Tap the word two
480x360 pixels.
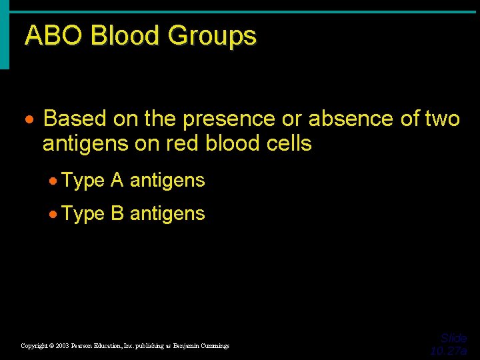pyautogui.click(x=441, y=119)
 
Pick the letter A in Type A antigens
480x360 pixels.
pyautogui.click(x=117, y=180)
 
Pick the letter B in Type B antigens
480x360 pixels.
pyautogui.click(x=117, y=213)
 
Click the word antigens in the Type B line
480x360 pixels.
pyautogui.click(x=167, y=214)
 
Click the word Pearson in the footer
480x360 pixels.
pyautogui.click(x=89, y=346)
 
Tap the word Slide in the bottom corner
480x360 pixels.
pyautogui.click(x=454, y=338)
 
